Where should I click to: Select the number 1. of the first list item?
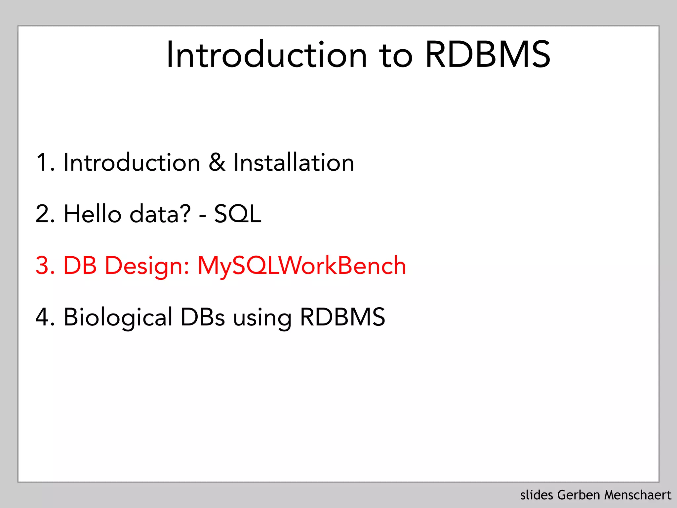(x=45, y=162)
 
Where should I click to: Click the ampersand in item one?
(x=217, y=162)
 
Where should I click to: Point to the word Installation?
(x=294, y=162)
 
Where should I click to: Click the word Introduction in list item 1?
(x=132, y=162)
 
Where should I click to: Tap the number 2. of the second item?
(x=45, y=214)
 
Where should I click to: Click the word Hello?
(x=93, y=214)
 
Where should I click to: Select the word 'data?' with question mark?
(x=160, y=214)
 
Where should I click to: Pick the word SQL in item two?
(x=237, y=214)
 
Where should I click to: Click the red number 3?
(x=45, y=266)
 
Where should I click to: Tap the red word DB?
(x=80, y=266)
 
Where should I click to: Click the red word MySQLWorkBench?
(x=301, y=266)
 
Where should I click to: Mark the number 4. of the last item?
(x=45, y=317)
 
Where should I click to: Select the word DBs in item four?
(x=202, y=317)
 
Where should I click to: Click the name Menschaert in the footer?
(x=638, y=495)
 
